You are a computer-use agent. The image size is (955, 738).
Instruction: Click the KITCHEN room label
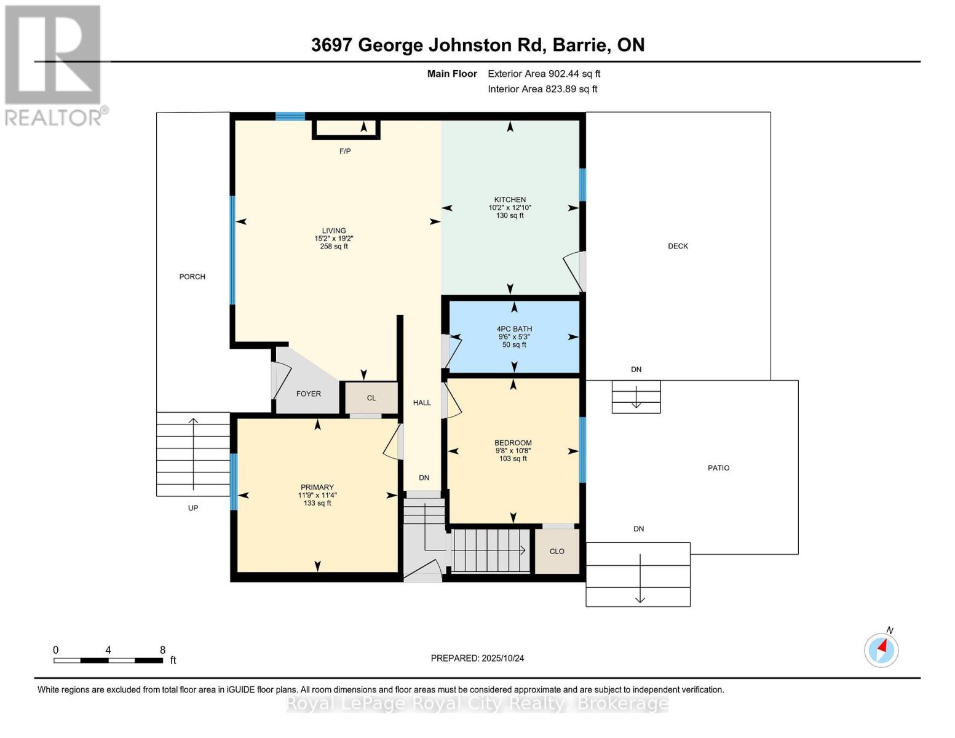click(510, 200)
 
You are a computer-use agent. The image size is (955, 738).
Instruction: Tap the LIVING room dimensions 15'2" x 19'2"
click(334, 239)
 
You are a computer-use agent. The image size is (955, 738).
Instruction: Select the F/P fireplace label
click(345, 151)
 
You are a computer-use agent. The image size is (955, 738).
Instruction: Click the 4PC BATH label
click(514, 329)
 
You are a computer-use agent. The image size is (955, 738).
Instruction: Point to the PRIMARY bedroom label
click(317, 488)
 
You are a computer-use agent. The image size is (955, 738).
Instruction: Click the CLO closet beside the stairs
click(557, 552)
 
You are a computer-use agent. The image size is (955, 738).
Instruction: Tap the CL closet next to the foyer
click(371, 399)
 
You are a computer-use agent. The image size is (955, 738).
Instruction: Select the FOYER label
click(308, 394)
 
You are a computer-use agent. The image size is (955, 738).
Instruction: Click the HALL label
click(422, 403)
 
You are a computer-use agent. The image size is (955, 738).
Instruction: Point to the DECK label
click(678, 246)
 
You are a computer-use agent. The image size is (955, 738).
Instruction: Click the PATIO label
click(718, 468)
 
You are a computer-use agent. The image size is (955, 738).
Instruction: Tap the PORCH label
click(192, 277)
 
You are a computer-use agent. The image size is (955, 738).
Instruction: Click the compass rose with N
click(881, 649)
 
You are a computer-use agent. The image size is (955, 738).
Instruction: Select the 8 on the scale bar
click(162, 650)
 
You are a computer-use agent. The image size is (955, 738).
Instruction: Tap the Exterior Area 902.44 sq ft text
click(544, 74)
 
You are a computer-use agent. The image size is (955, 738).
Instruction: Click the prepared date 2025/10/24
click(502, 658)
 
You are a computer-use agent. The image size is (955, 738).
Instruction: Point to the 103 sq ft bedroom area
click(513, 459)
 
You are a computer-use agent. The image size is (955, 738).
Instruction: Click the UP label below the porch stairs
click(193, 508)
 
